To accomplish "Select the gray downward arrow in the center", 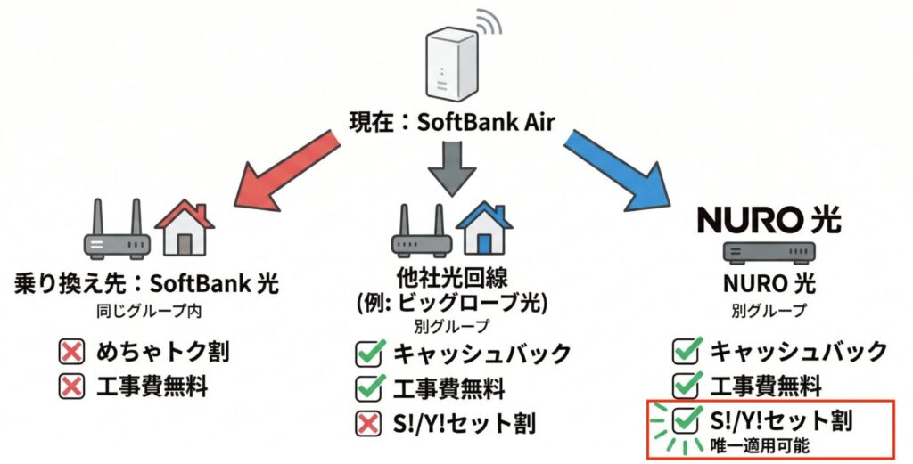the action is point(452,168).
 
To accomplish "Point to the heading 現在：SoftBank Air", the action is point(451,122).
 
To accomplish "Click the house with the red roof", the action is point(185,227).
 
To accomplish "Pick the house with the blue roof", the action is point(484,228).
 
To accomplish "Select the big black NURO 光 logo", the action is point(769,220).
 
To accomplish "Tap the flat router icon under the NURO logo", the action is point(769,251).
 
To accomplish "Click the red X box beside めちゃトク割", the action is point(71,353).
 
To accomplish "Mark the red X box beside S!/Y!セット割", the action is point(368,423).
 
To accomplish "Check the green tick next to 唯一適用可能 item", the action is point(687,419).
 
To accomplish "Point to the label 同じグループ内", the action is point(149,311).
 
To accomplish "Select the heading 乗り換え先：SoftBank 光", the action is point(146,284).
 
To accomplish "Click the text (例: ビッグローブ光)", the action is point(452,304).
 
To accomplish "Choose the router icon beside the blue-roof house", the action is point(422,231).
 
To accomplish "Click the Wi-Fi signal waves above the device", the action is point(489,21).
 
